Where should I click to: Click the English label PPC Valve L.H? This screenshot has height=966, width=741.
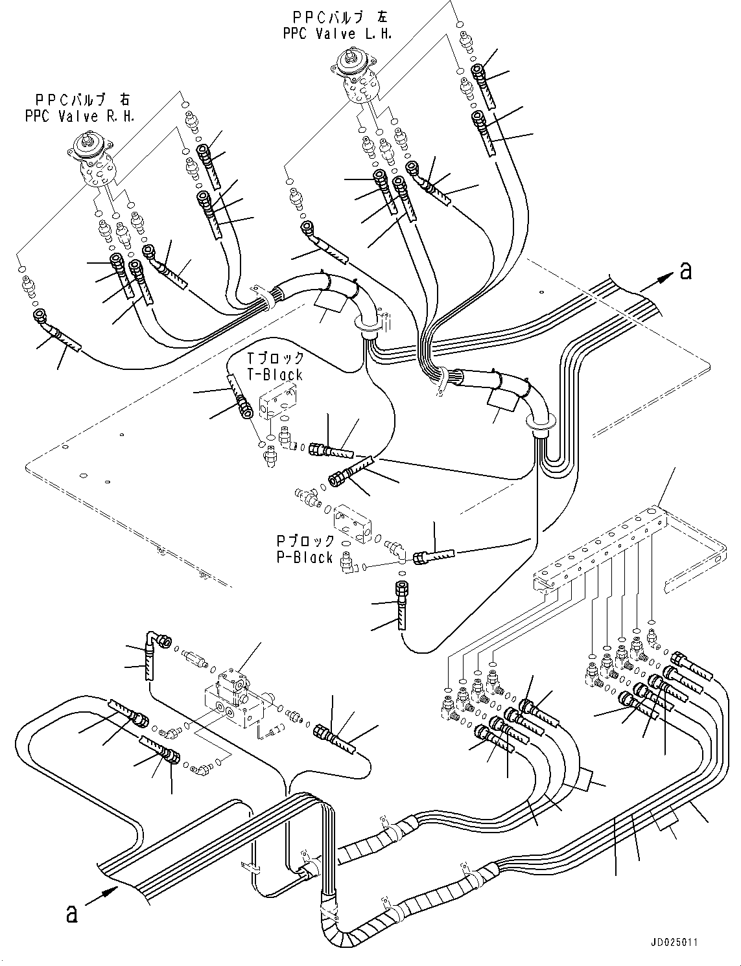click(x=337, y=34)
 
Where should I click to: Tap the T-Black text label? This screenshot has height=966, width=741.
click(x=274, y=374)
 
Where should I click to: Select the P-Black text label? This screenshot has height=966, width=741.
click(x=304, y=558)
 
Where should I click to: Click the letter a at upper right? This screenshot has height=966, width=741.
click(x=685, y=270)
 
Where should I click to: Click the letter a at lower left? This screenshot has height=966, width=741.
click(x=72, y=914)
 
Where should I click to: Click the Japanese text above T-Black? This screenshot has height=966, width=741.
click(x=274, y=358)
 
